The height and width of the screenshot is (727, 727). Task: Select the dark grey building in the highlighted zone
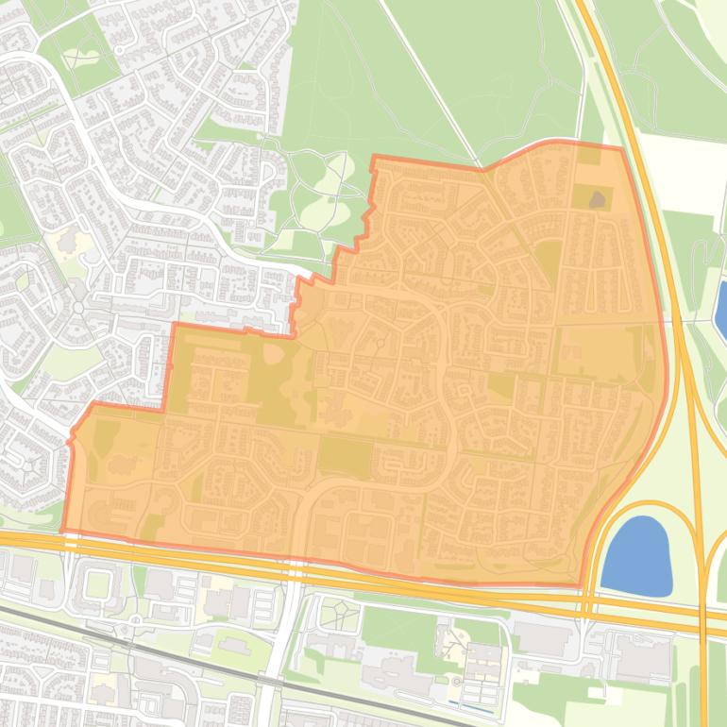[597, 200]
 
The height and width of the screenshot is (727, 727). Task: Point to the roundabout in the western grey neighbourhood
[78, 308]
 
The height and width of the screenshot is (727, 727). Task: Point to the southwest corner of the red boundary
[63, 532]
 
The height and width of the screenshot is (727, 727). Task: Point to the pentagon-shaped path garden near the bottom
[339, 616]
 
